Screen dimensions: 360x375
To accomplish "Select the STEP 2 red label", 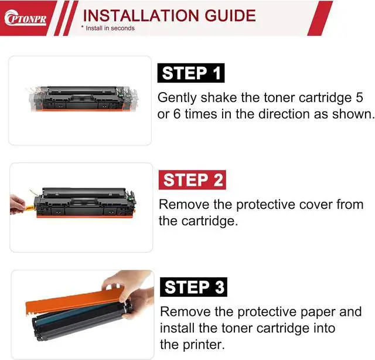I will click(x=193, y=180).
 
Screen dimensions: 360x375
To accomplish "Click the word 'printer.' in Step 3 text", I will click(x=203, y=344).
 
